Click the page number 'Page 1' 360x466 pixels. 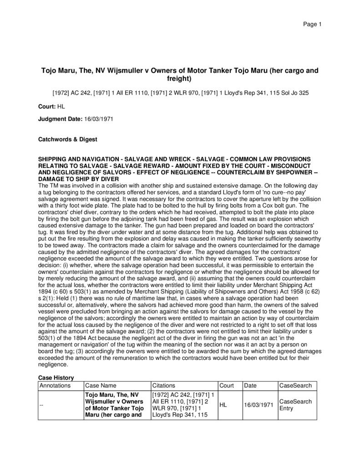coord(313,24)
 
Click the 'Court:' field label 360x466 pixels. coord(47,106)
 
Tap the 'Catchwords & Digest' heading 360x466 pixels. coord(67,139)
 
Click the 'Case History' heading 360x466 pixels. coord(56,378)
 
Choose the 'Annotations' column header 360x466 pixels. coord(56,385)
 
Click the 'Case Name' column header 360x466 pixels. coord(101,385)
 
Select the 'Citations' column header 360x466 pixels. coord(164,385)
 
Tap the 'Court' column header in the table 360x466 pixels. coord(227,385)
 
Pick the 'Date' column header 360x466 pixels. coord(250,385)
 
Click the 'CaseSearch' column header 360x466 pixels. coord(295,385)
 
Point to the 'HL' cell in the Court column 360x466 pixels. coord(224,405)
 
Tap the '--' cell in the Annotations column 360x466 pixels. coord(42,405)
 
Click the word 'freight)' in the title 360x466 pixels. coord(180,79)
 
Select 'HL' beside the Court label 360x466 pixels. coord(61,106)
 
